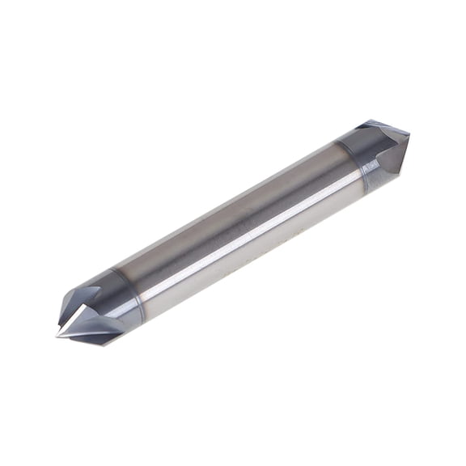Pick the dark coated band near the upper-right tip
pyautogui.click(x=356, y=158)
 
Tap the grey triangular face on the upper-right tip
pyautogui.click(x=392, y=154)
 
